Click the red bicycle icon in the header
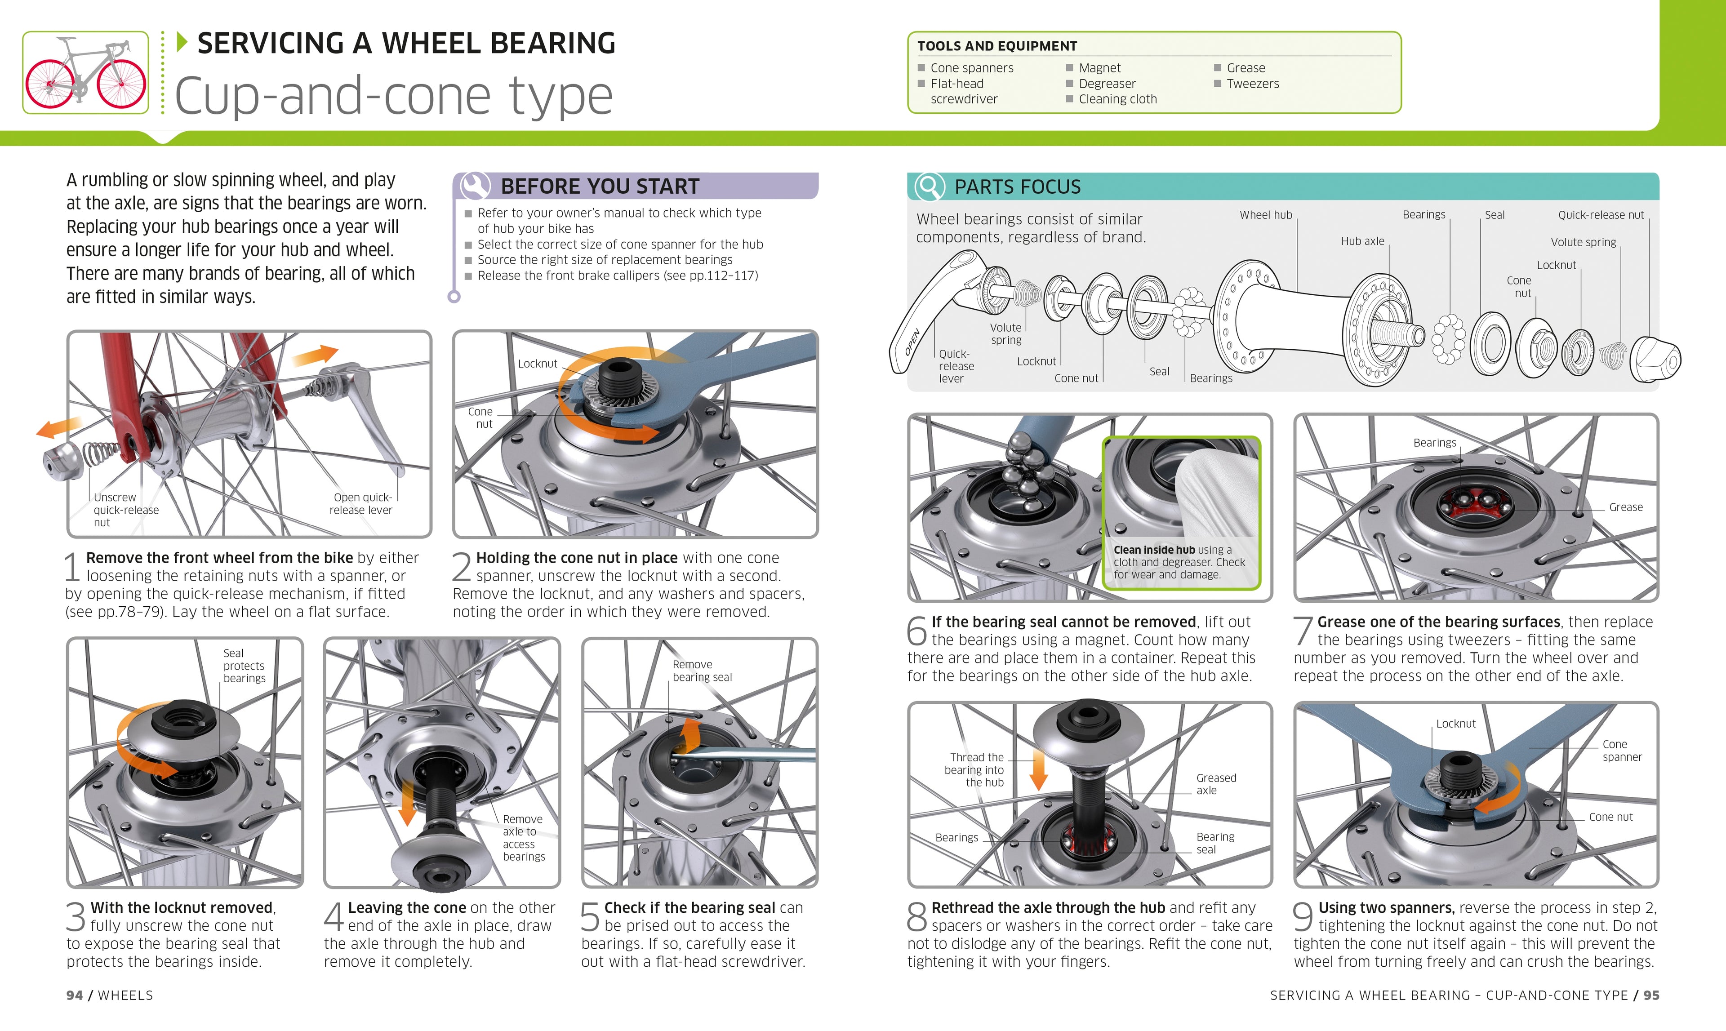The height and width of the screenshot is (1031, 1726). [x=85, y=72]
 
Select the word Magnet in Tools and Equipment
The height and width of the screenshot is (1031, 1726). [x=1099, y=67]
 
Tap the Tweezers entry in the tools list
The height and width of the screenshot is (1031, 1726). [x=1252, y=83]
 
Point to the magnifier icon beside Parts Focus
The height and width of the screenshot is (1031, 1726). [x=929, y=186]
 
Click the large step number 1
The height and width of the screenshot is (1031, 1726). [x=73, y=567]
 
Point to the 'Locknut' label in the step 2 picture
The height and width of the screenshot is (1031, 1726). [x=537, y=363]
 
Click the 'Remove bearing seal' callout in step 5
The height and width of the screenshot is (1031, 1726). [x=702, y=671]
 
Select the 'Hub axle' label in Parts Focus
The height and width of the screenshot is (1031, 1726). [x=1362, y=241]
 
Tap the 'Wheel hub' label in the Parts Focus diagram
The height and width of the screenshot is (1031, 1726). [x=1265, y=215]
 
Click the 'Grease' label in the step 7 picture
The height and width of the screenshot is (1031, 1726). [x=1625, y=507]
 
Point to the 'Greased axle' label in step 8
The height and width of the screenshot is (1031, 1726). [x=1215, y=784]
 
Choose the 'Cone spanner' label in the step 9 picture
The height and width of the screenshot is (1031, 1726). [x=1621, y=750]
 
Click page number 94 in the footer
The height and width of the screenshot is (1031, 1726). [x=74, y=995]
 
